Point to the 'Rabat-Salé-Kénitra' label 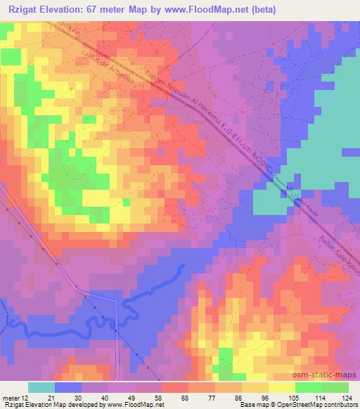pos(337,249)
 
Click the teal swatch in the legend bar pos(41,387)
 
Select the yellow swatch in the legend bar pos(281,387)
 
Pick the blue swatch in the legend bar pos(67,387)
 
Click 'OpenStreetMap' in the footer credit pos(315,405)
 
